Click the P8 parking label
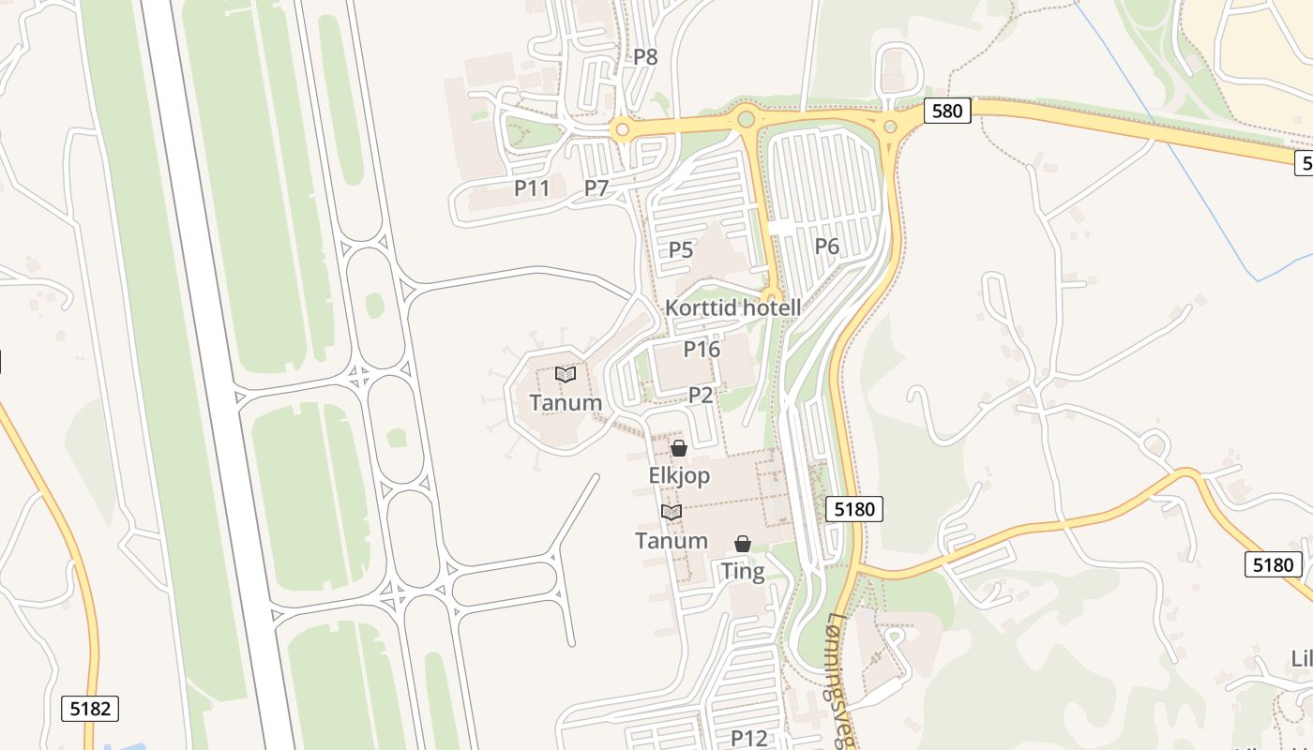click(645, 57)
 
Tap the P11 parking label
click(532, 188)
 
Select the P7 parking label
click(596, 188)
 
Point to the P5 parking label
click(681, 250)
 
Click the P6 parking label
click(826, 247)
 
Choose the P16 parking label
click(702, 350)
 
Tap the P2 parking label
click(702, 396)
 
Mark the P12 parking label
click(749, 738)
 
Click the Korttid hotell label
click(733, 307)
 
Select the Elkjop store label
click(679, 476)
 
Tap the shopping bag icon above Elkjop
click(679, 449)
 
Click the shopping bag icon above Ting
click(743, 544)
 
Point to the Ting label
click(743, 571)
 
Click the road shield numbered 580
click(946, 111)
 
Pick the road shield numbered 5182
click(91, 708)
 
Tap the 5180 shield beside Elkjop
click(854, 509)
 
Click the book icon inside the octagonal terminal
click(566, 375)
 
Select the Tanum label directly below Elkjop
click(672, 541)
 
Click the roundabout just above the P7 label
click(621, 128)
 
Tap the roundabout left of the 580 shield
click(890, 127)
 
